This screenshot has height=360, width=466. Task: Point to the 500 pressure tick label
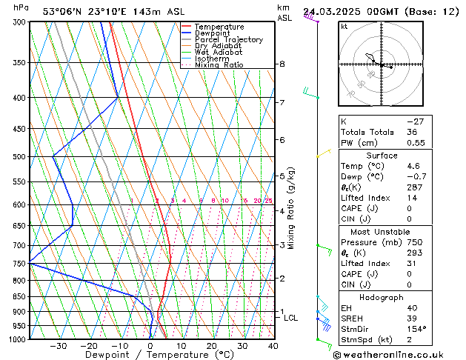pyautogui.click(x=18, y=157)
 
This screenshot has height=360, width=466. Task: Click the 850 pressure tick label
pyautogui.click(x=18, y=296)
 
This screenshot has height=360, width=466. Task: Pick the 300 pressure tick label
pyautogui.click(x=18, y=22)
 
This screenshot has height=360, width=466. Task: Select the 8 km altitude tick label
pyautogui.click(x=282, y=64)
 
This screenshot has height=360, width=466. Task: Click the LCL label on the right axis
pyautogui.click(x=291, y=318)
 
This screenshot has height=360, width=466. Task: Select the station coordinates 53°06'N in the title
pyautogui.click(x=62, y=11)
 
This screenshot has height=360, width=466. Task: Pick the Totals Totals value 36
pyautogui.click(x=412, y=132)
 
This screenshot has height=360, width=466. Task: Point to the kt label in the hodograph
pyautogui.click(x=344, y=27)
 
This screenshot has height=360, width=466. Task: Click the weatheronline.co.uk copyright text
pyautogui.click(x=398, y=355)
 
